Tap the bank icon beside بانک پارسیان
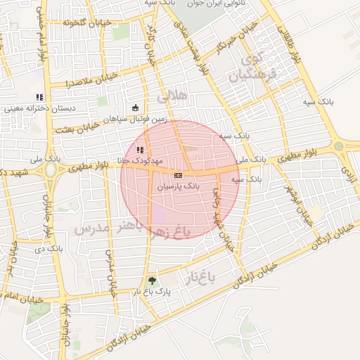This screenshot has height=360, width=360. pyautogui.click(x=178, y=174)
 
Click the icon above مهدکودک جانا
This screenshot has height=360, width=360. pyautogui.click(x=140, y=149)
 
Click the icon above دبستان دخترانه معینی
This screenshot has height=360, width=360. pyautogui.click(x=39, y=97)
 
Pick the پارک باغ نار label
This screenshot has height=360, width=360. pyautogui.click(x=153, y=291)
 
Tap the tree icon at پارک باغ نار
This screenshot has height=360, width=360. pyautogui.click(x=152, y=280)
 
